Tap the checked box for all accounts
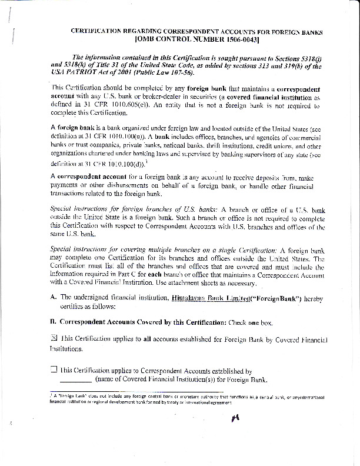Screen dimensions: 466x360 (x=54, y=338)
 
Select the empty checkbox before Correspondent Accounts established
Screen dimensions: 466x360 (x=54, y=370)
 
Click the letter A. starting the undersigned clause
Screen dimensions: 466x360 (x=54, y=298)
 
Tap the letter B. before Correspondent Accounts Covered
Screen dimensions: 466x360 (x=54, y=322)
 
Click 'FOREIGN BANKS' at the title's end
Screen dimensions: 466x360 (x=301, y=30)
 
